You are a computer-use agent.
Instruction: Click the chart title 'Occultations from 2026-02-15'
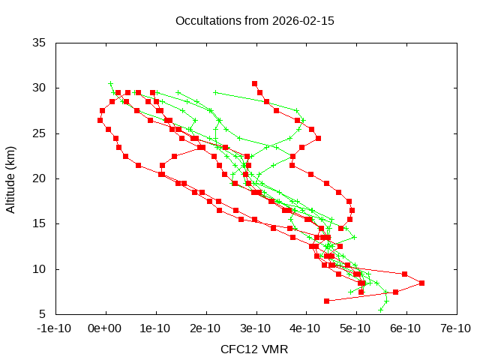click(254, 20)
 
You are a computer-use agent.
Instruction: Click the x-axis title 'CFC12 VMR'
click(254, 349)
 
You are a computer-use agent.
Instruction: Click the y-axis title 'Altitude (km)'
click(10, 178)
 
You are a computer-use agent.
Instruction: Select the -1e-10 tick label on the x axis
click(55, 328)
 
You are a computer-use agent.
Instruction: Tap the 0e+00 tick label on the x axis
click(105, 328)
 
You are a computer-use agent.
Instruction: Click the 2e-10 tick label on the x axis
click(205, 328)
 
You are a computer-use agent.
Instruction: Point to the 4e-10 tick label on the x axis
click(305, 328)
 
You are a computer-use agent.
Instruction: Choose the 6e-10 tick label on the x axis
click(406, 328)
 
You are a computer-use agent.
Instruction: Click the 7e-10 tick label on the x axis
click(455, 328)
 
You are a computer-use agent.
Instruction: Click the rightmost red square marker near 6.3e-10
click(421, 283)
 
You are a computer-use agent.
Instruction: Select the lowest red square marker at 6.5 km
click(326, 301)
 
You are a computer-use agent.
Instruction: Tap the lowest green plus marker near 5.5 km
click(381, 309)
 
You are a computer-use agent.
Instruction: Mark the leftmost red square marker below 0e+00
click(100, 120)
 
